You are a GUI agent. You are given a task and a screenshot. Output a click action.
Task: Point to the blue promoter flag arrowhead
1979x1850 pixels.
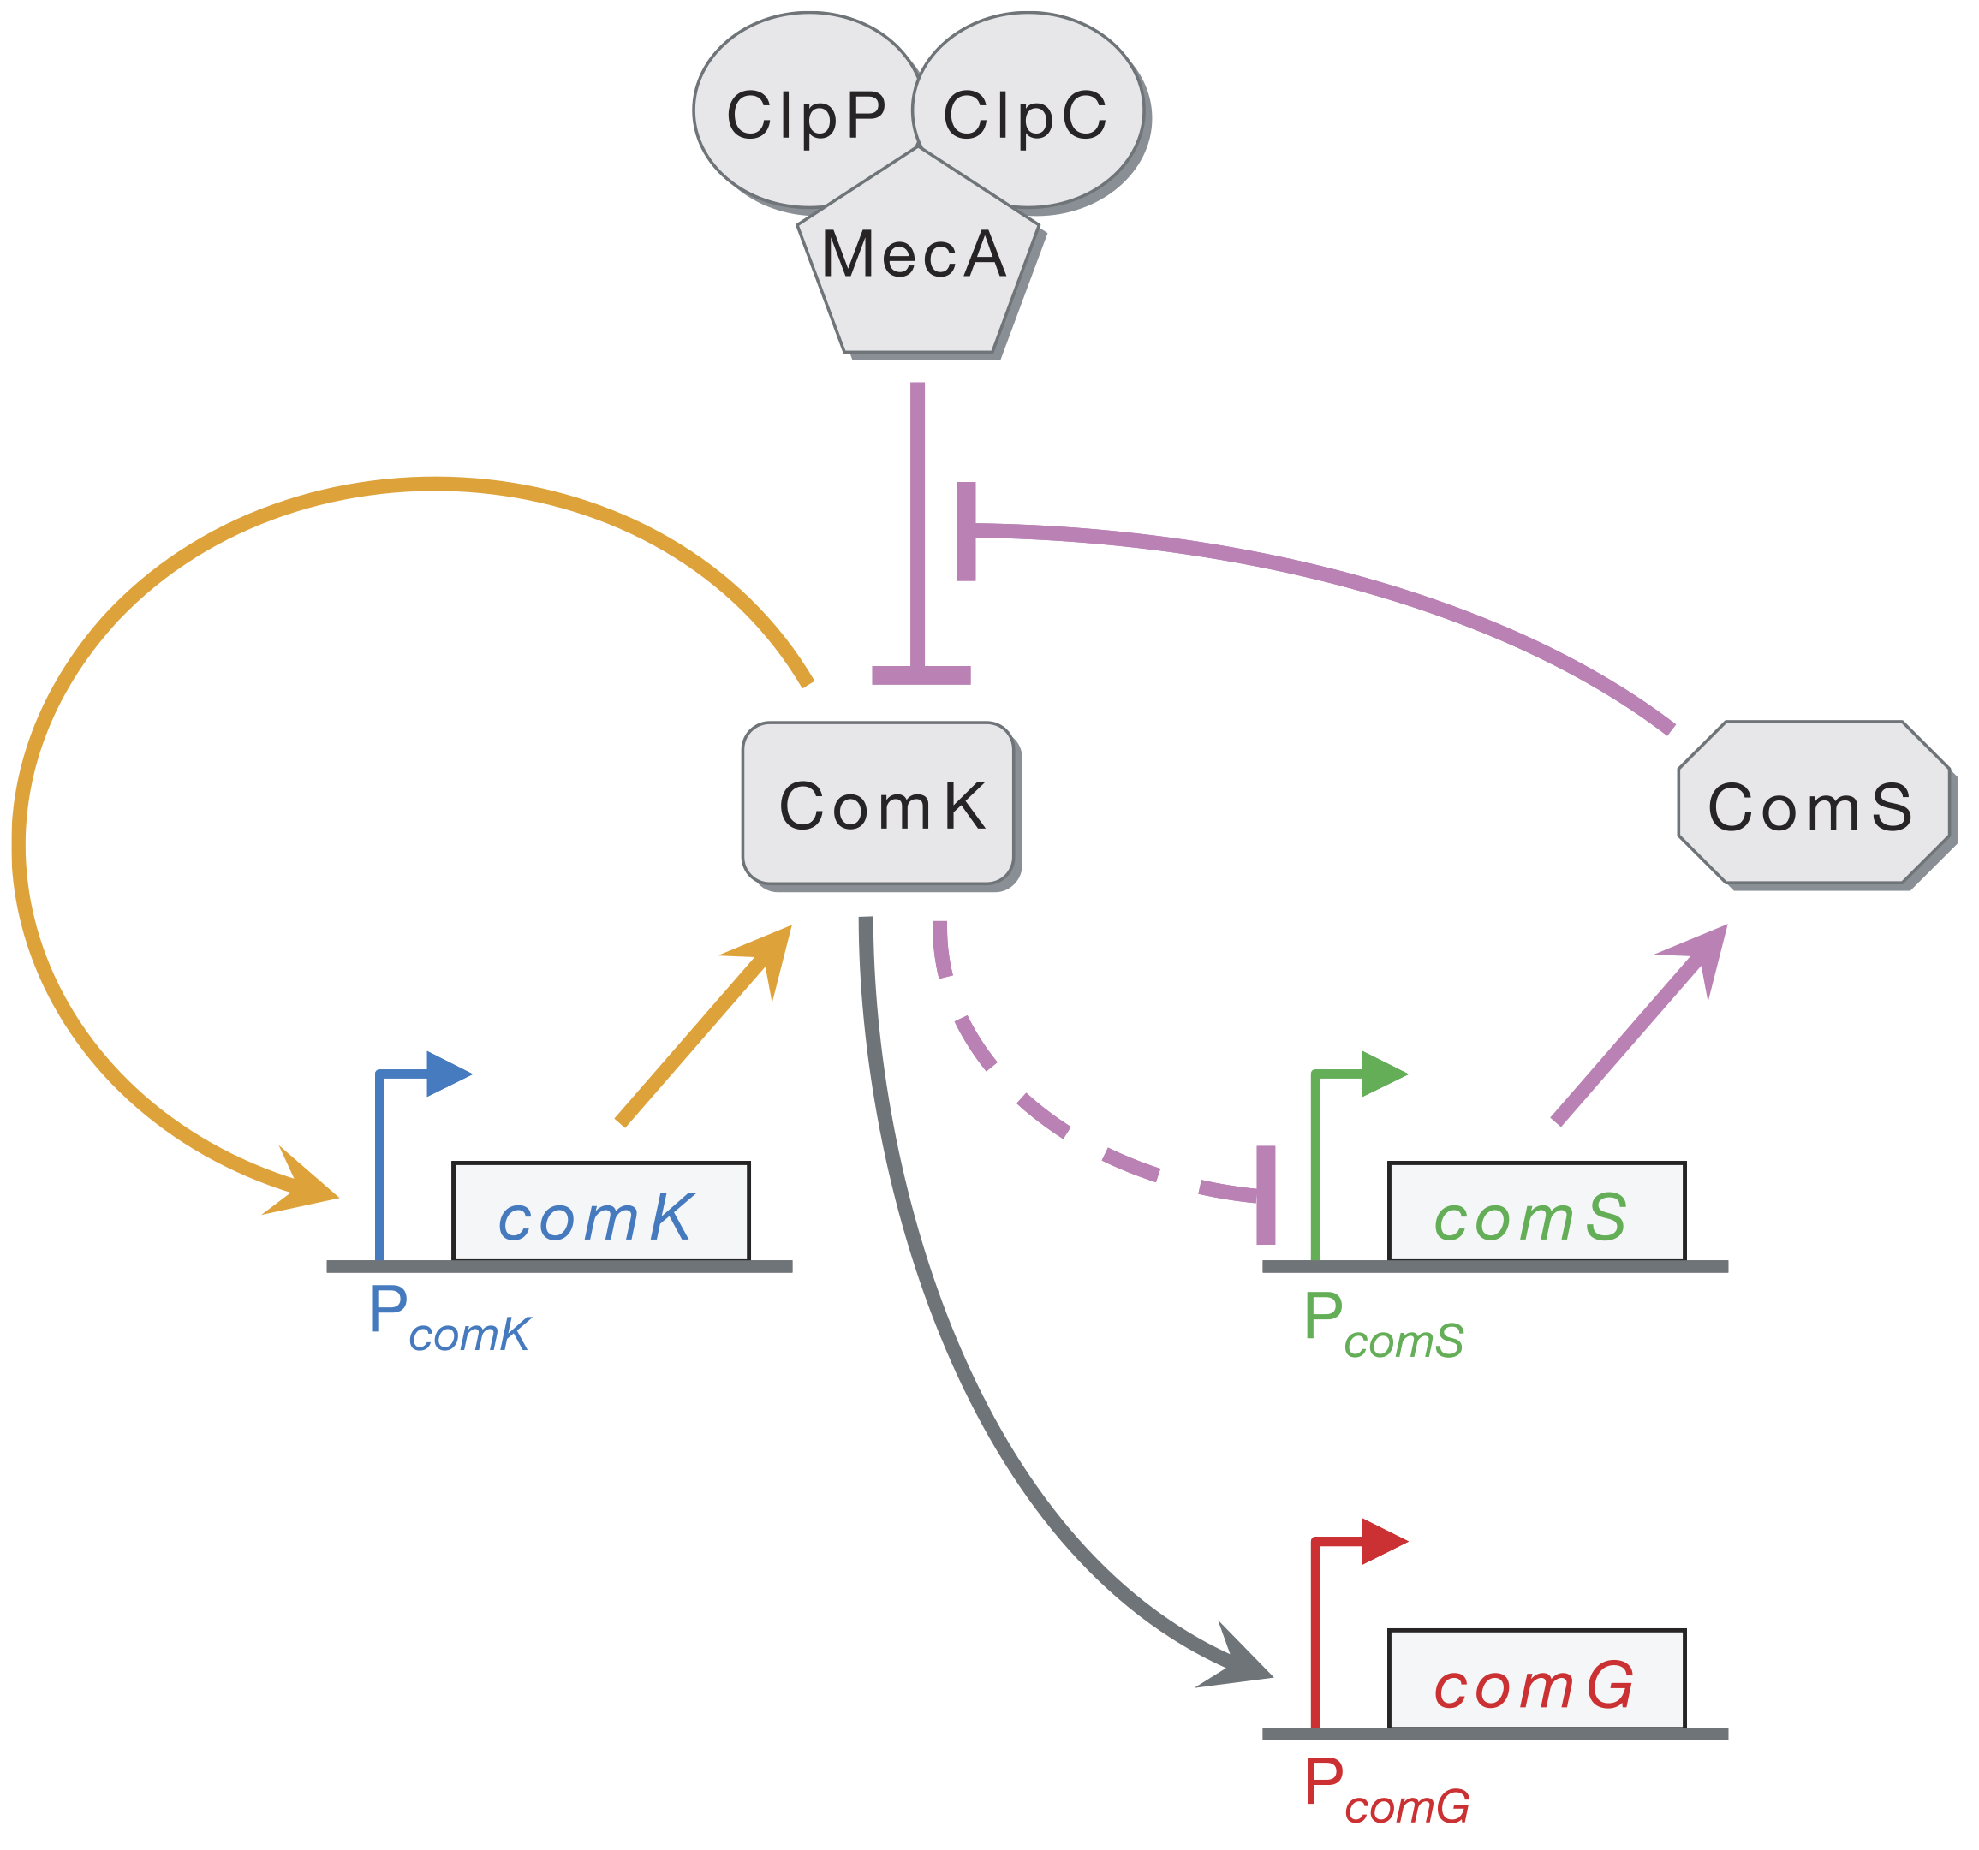click(x=448, y=1074)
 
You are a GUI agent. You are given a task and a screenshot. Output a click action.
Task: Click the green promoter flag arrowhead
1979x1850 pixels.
click(x=1384, y=1074)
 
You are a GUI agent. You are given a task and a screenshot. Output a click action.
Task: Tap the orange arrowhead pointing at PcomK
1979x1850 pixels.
click(x=304, y=1189)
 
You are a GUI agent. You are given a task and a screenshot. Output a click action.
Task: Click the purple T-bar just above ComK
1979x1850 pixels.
click(x=921, y=675)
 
